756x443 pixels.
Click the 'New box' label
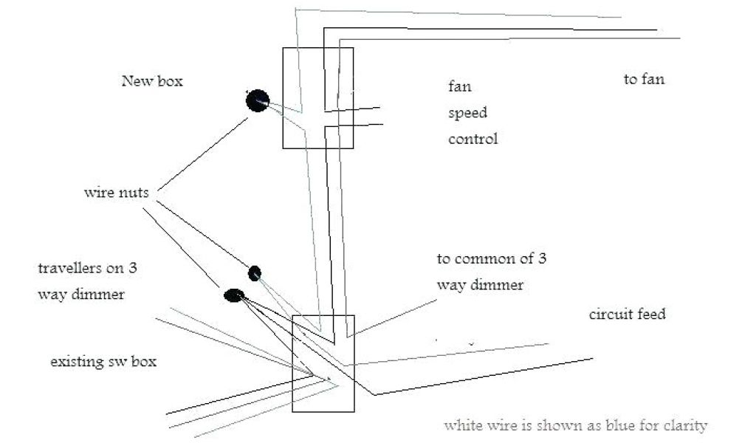(151, 81)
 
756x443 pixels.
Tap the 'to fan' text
(644, 79)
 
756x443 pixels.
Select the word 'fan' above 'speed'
(460, 86)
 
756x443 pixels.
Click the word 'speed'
(467, 113)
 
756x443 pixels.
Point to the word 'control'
(473, 138)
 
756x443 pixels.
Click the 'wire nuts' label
(116, 193)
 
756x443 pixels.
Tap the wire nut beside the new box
(257, 100)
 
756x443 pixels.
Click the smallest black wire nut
(254, 273)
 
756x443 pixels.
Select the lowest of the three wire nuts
(233, 295)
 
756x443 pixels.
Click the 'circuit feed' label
(627, 315)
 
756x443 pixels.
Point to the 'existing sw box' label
(103, 363)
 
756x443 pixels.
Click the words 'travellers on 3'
(87, 268)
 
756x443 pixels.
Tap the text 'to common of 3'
(491, 259)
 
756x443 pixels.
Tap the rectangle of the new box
(318, 97)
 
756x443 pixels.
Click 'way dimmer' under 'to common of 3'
(480, 285)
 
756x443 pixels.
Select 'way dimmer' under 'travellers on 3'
(81, 294)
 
